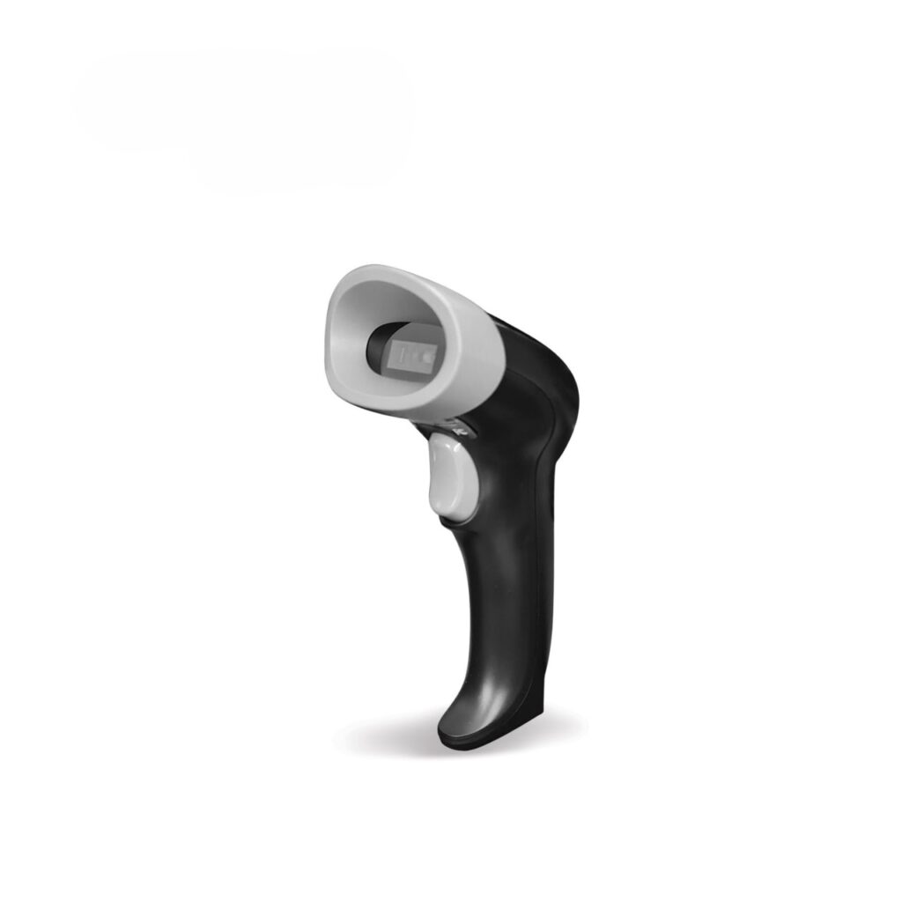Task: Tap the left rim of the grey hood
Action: (x=333, y=335)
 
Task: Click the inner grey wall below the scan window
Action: (x=414, y=388)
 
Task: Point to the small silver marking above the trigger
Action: (x=456, y=427)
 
